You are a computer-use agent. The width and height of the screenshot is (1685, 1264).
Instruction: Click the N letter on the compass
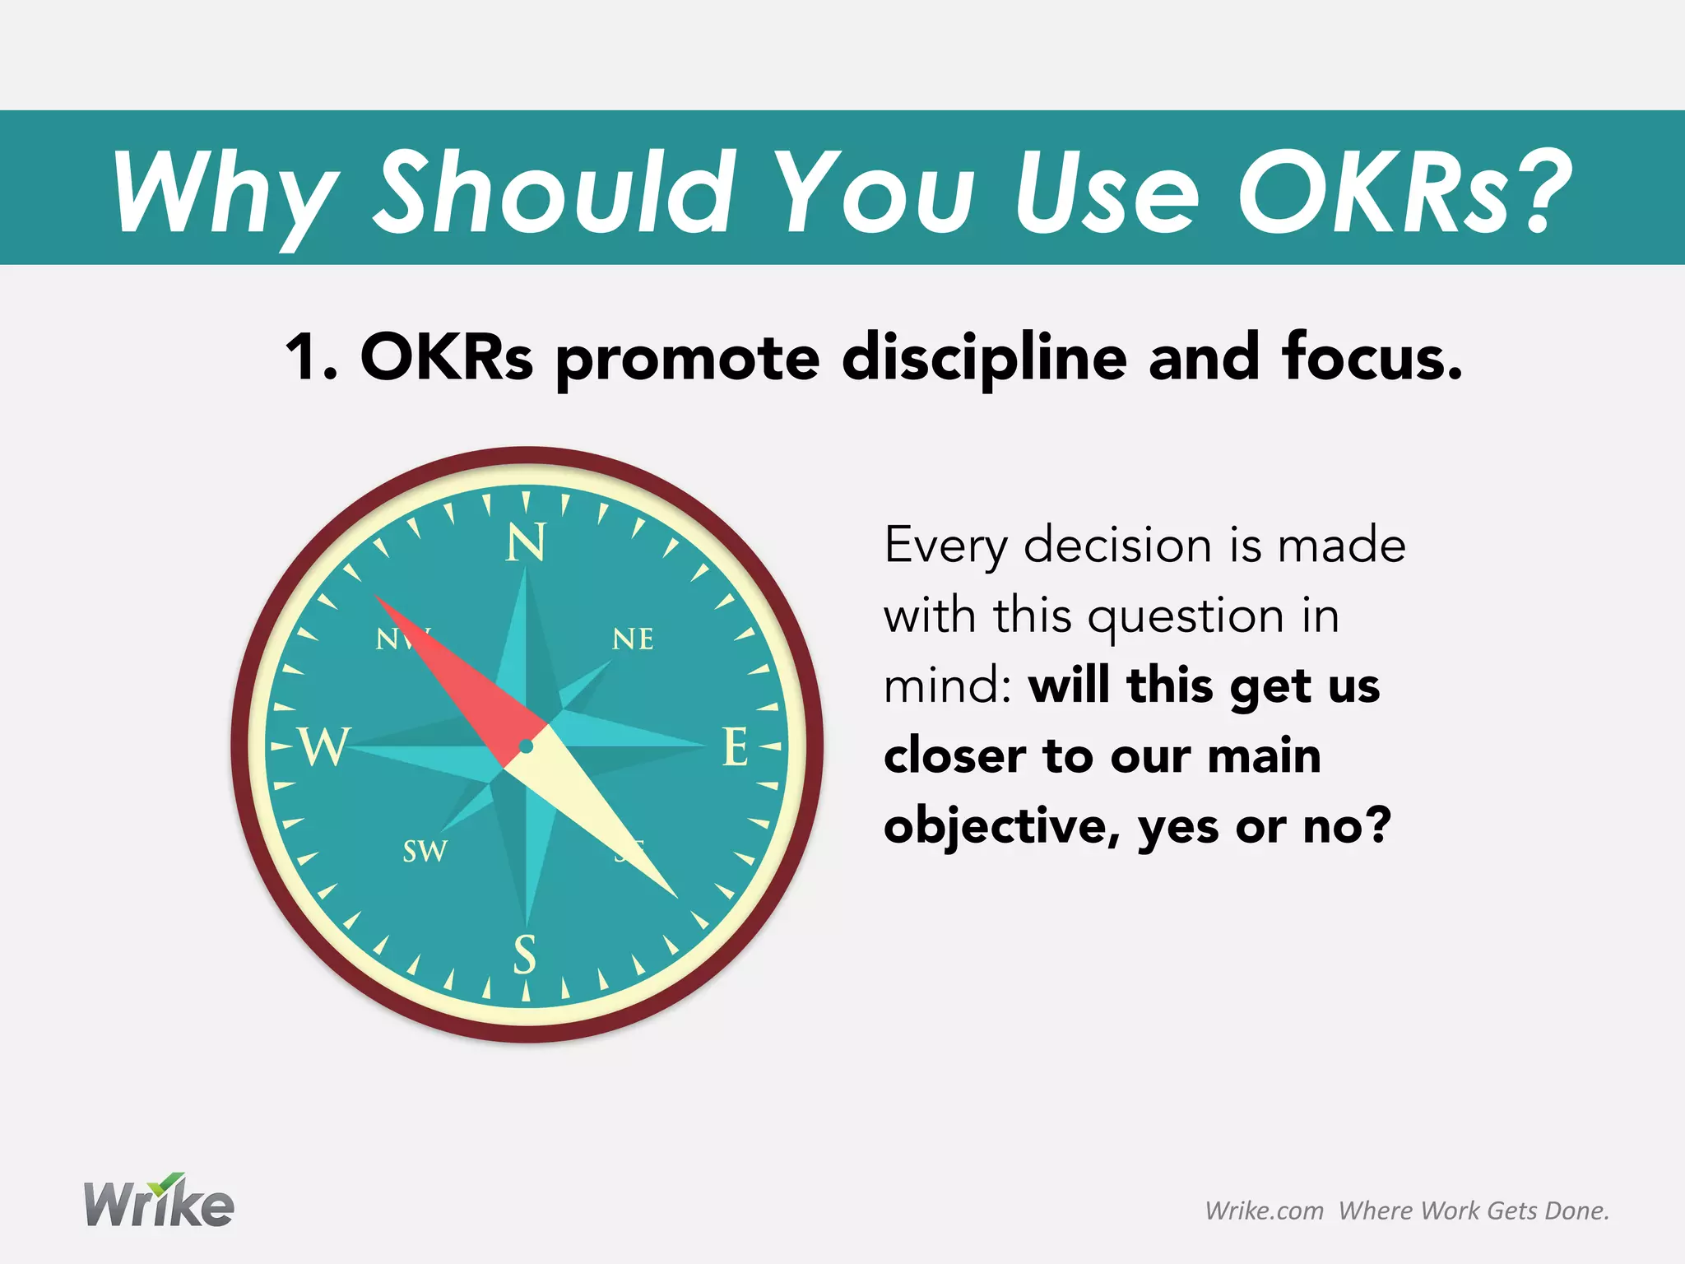pos(526,543)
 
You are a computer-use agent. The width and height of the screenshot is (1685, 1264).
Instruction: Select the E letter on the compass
pos(735,747)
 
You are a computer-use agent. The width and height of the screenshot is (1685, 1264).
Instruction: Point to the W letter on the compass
pos(324,747)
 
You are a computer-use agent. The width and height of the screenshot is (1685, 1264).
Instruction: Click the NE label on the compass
pos(633,639)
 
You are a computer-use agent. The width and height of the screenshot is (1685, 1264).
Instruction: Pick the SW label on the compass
pos(425,851)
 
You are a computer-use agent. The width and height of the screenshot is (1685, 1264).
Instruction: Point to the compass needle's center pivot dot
pos(527,746)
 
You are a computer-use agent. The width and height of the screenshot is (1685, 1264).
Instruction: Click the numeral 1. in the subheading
pos(311,358)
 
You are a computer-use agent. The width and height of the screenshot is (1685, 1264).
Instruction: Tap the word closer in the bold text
pos(953,756)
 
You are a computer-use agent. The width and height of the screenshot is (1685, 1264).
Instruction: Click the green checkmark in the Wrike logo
pos(170,1183)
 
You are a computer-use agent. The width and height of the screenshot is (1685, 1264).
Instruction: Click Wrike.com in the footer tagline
pos(1264,1211)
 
